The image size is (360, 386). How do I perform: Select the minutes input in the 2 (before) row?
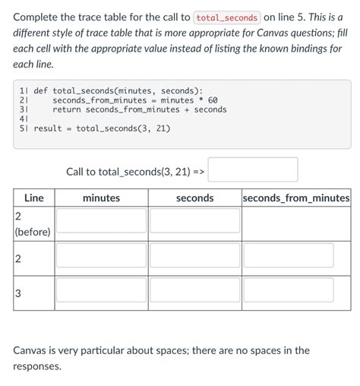(x=101, y=220)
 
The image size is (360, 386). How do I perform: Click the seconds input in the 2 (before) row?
(x=194, y=220)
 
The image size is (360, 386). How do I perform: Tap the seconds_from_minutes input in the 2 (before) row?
(x=296, y=220)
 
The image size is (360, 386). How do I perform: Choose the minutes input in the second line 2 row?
(x=101, y=255)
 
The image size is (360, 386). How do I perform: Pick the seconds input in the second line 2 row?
(x=194, y=255)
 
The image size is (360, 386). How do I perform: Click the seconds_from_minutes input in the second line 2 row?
(x=296, y=255)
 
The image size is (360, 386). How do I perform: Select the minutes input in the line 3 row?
(x=101, y=289)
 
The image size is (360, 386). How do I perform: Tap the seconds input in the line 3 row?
(x=194, y=289)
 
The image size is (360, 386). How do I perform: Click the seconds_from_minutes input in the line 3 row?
(x=296, y=289)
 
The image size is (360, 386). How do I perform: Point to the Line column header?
(x=33, y=198)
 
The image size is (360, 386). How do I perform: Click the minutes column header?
(x=101, y=198)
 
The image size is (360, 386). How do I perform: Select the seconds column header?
(x=194, y=198)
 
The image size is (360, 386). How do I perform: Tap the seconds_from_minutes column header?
(x=296, y=198)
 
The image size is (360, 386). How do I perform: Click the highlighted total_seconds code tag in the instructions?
(x=228, y=17)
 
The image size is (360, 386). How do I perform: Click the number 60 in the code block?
(x=213, y=100)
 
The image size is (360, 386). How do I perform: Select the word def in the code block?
(x=41, y=90)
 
